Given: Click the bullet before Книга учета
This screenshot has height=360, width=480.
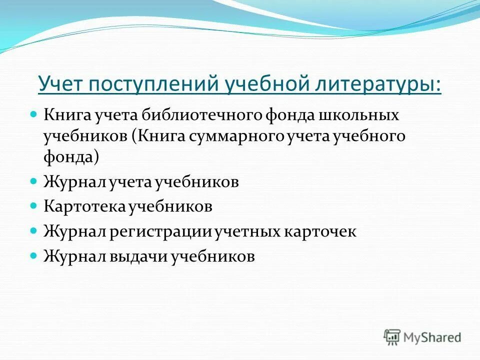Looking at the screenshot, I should point(34,114).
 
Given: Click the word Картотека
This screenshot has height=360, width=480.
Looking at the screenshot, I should point(85,206).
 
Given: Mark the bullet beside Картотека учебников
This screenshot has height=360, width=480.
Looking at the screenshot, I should point(34,205).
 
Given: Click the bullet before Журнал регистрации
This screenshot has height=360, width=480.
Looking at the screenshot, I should point(34,230).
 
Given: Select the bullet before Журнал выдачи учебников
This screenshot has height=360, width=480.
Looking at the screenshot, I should point(34,255).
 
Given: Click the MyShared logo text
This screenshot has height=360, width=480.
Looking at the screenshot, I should point(432,337).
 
